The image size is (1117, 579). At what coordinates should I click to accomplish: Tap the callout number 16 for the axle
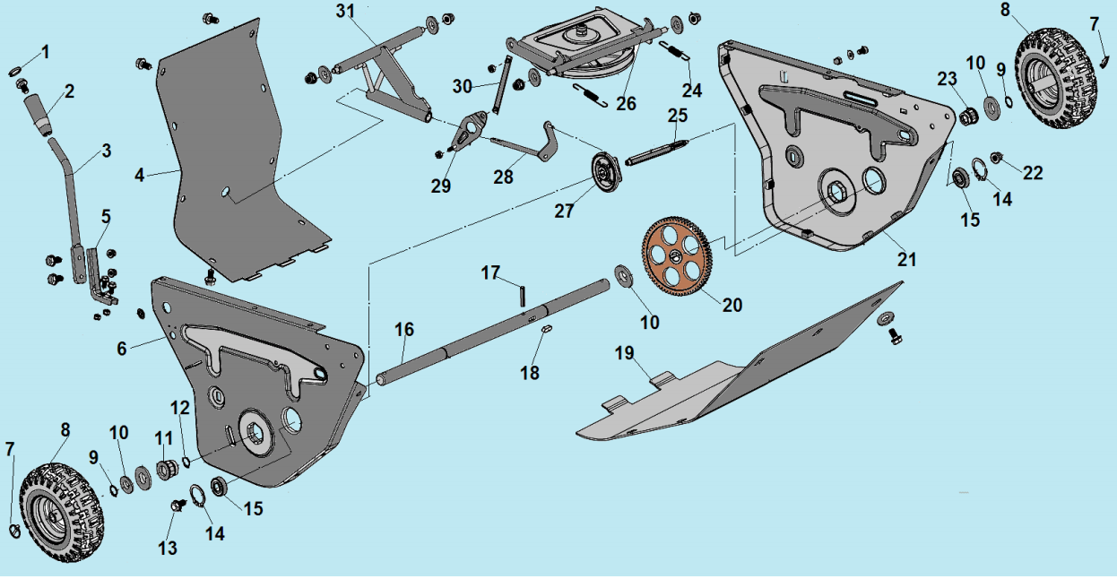[x=404, y=331]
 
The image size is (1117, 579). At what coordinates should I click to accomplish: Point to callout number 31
[x=346, y=12]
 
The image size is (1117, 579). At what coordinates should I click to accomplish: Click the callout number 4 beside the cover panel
[x=139, y=175]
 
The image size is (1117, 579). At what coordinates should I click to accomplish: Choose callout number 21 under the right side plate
[x=907, y=260]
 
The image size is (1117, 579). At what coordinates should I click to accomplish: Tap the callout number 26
[x=626, y=104]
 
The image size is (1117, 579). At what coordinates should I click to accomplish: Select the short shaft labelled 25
[x=658, y=150]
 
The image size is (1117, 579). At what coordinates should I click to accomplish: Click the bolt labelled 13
[x=178, y=506]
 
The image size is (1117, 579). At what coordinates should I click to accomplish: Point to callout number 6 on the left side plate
[x=122, y=349]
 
